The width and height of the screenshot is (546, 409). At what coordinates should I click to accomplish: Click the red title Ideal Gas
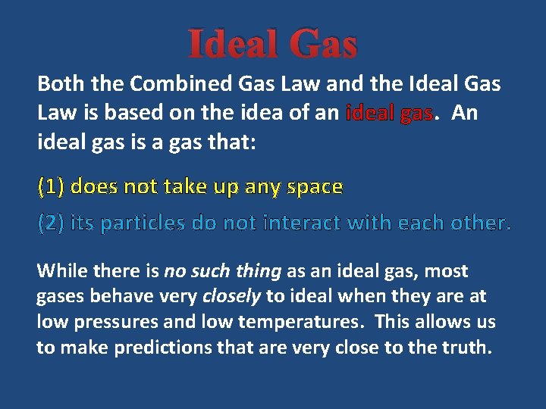[x=272, y=44]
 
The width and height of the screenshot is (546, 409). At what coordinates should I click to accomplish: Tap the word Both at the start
[x=58, y=83]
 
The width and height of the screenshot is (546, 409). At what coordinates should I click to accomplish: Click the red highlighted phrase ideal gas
[x=389, y=114]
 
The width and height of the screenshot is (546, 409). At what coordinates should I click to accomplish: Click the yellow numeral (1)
[x=51, y=186]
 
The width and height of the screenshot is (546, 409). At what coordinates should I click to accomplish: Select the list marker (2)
[x=51, y=223]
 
